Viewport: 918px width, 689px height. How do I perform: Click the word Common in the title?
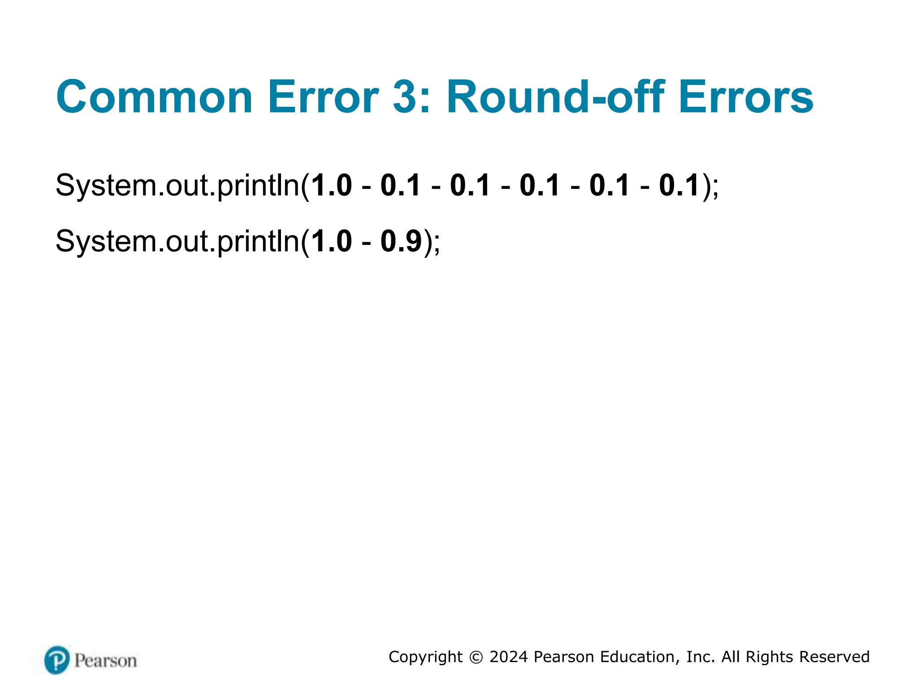point(154,97)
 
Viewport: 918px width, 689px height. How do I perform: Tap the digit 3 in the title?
point(405,97)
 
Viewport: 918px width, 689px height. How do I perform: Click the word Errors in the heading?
point(746,97)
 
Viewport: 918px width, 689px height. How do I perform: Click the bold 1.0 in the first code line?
point(331,185)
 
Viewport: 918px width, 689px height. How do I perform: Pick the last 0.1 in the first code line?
point(680,185)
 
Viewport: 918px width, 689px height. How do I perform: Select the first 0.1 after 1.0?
point(401,185)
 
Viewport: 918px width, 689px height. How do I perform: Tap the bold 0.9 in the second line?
point(401,241)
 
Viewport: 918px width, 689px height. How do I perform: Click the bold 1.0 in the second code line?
point(331,241)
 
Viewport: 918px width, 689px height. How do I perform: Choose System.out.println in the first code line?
point(178,186)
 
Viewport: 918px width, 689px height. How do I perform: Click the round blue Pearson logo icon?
point(57,660)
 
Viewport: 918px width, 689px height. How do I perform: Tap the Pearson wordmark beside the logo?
point(106,661)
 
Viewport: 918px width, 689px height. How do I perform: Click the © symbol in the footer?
point(476,657)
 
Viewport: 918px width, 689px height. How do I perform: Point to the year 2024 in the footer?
point(508,657)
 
